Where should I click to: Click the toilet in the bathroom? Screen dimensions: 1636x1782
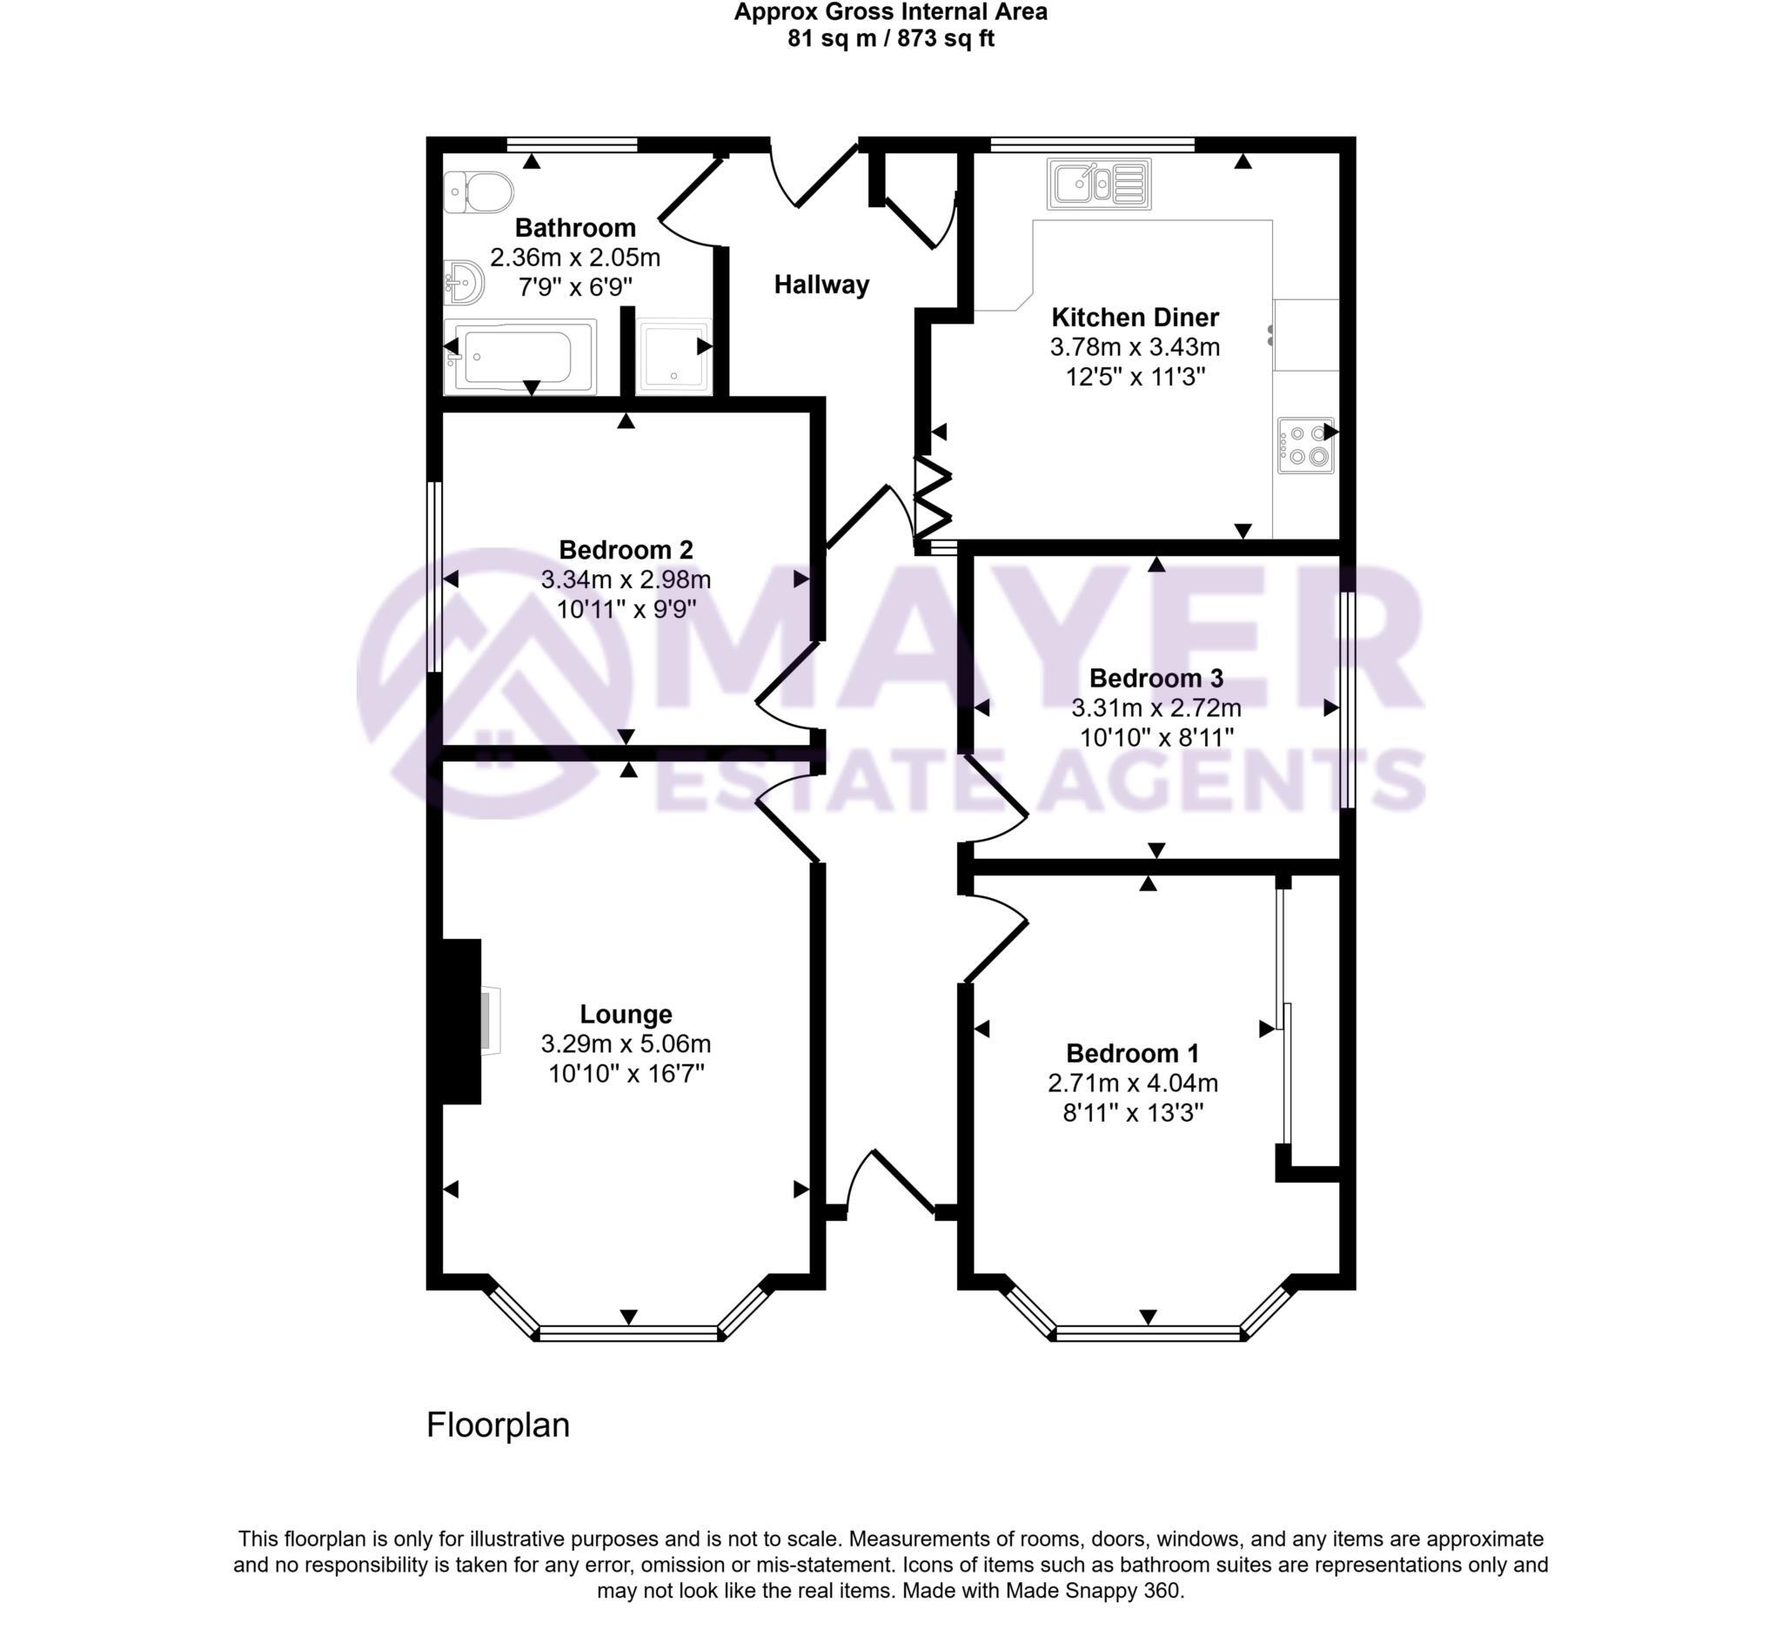pyautogui.click(x=479, y=191)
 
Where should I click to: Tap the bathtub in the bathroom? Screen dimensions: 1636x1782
pyautogui.click(x=519, y=357)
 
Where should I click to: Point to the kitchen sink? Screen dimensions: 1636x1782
pyautogui.click(x=1099, y=184)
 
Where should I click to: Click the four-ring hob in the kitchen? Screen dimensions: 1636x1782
pyautogui.click(x=1306, y=446)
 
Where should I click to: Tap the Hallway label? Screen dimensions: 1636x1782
pyautogui.click(x=821, y=285)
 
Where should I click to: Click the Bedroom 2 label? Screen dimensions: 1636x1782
pyautogui.click(x=626, y=550)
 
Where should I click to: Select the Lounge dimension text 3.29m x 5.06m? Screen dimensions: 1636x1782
pyautogui.click(x=626, y=1043)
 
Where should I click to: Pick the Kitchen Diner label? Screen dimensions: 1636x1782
pyautogui.click(x=1135, y=317)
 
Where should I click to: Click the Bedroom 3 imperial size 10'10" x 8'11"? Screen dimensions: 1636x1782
pyautogui.click(x=1156, y=736)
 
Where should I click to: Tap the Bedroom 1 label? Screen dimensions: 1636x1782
pyautogui.click(x=1132, y=1054)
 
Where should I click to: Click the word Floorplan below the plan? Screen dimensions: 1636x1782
pyautogui.click(x=499, y=1425)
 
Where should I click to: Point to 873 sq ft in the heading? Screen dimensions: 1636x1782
pyautogui.click(x=947, y=39)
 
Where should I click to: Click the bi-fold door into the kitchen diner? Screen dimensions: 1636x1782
pyautogui.click(x=931, y=498)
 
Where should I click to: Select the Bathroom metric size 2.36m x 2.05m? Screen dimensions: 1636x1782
pyautogui.click(x=575, y=258)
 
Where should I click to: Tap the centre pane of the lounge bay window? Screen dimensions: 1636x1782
pyautogui.click(x=628, y=1332)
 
